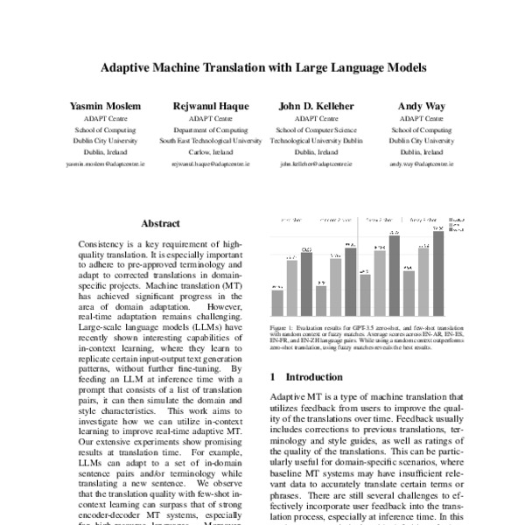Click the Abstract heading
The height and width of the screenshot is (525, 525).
161,224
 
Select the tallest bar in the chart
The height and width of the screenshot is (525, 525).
438,272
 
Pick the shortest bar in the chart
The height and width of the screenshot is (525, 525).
277,302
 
